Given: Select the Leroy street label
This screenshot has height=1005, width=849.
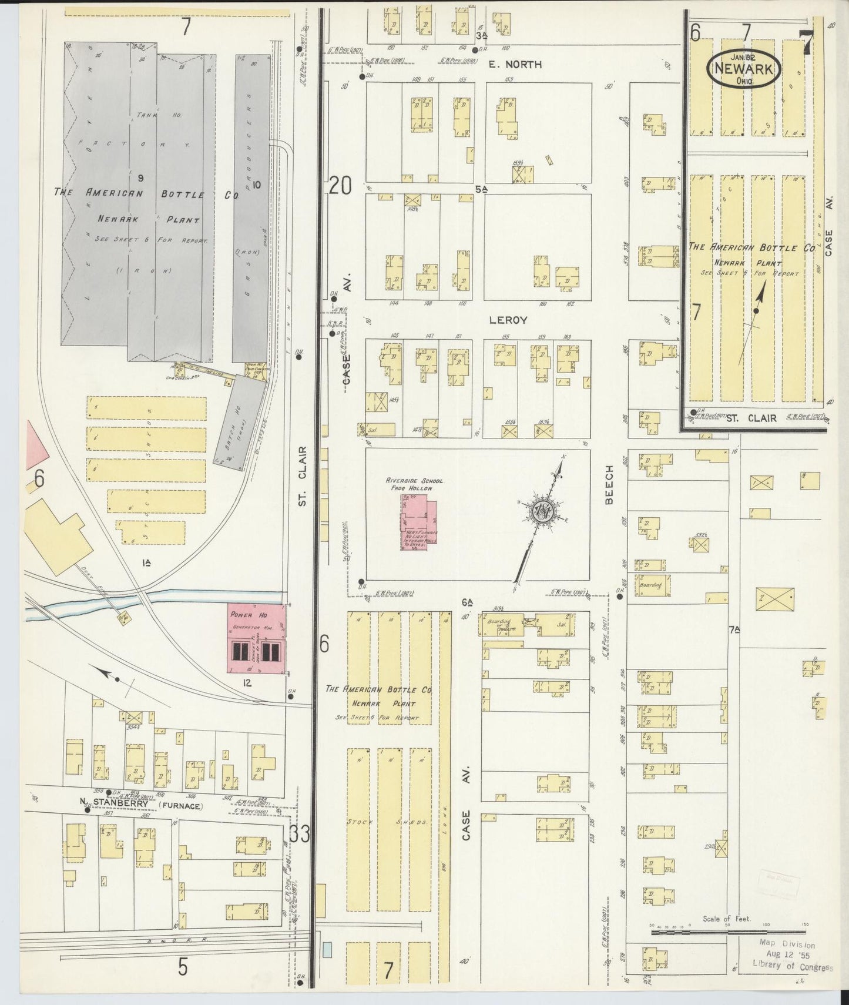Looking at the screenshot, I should (x=508, y=320).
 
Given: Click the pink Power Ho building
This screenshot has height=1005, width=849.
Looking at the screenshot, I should (x=257, y=640).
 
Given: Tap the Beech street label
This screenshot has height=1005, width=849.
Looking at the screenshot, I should (x=609, y=485).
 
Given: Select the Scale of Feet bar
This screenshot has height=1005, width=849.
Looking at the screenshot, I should (x=727, y=931).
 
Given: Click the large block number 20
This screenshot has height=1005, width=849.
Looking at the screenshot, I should (x=340, y=186).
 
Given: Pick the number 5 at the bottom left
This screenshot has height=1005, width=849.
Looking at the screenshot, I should (x=183, y=967).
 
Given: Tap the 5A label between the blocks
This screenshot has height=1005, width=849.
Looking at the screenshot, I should (x=482, y=189).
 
